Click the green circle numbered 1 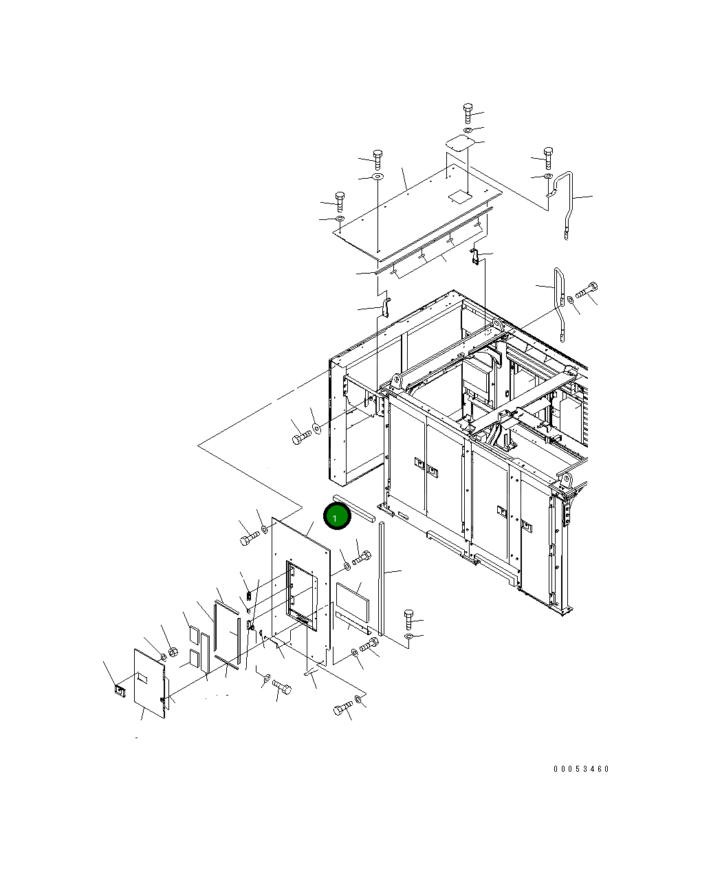(337, 516)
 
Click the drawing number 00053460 (581, 768)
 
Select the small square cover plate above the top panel (460, 142)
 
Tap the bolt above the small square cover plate (468, 113)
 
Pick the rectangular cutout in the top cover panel (458, 197)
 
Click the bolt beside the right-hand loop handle (587, 290)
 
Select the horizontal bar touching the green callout (354, 508)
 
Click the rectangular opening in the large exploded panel (302, 595)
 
